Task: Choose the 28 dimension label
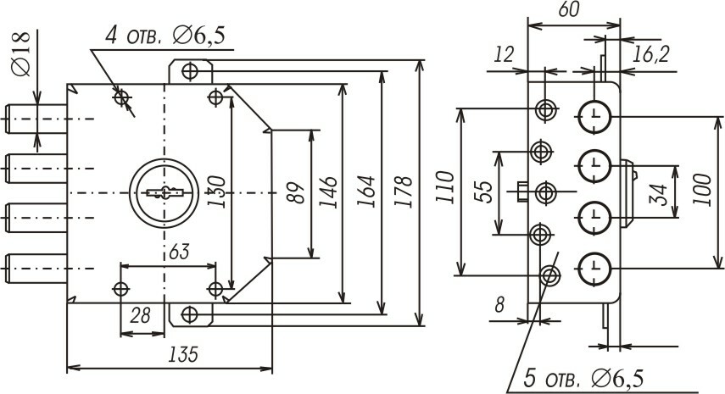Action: pos(140,315)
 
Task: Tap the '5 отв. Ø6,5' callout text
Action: pos(582,375)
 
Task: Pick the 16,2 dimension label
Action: pos(651,55)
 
